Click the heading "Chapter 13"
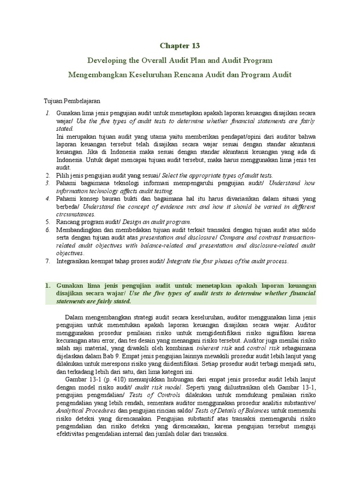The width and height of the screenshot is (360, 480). (180, 45)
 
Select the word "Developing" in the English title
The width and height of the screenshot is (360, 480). (107, 60)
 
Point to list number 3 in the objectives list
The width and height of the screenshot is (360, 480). (48, 183)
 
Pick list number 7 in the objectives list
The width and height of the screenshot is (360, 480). (48, 261)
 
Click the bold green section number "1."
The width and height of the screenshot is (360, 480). (48, 285)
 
